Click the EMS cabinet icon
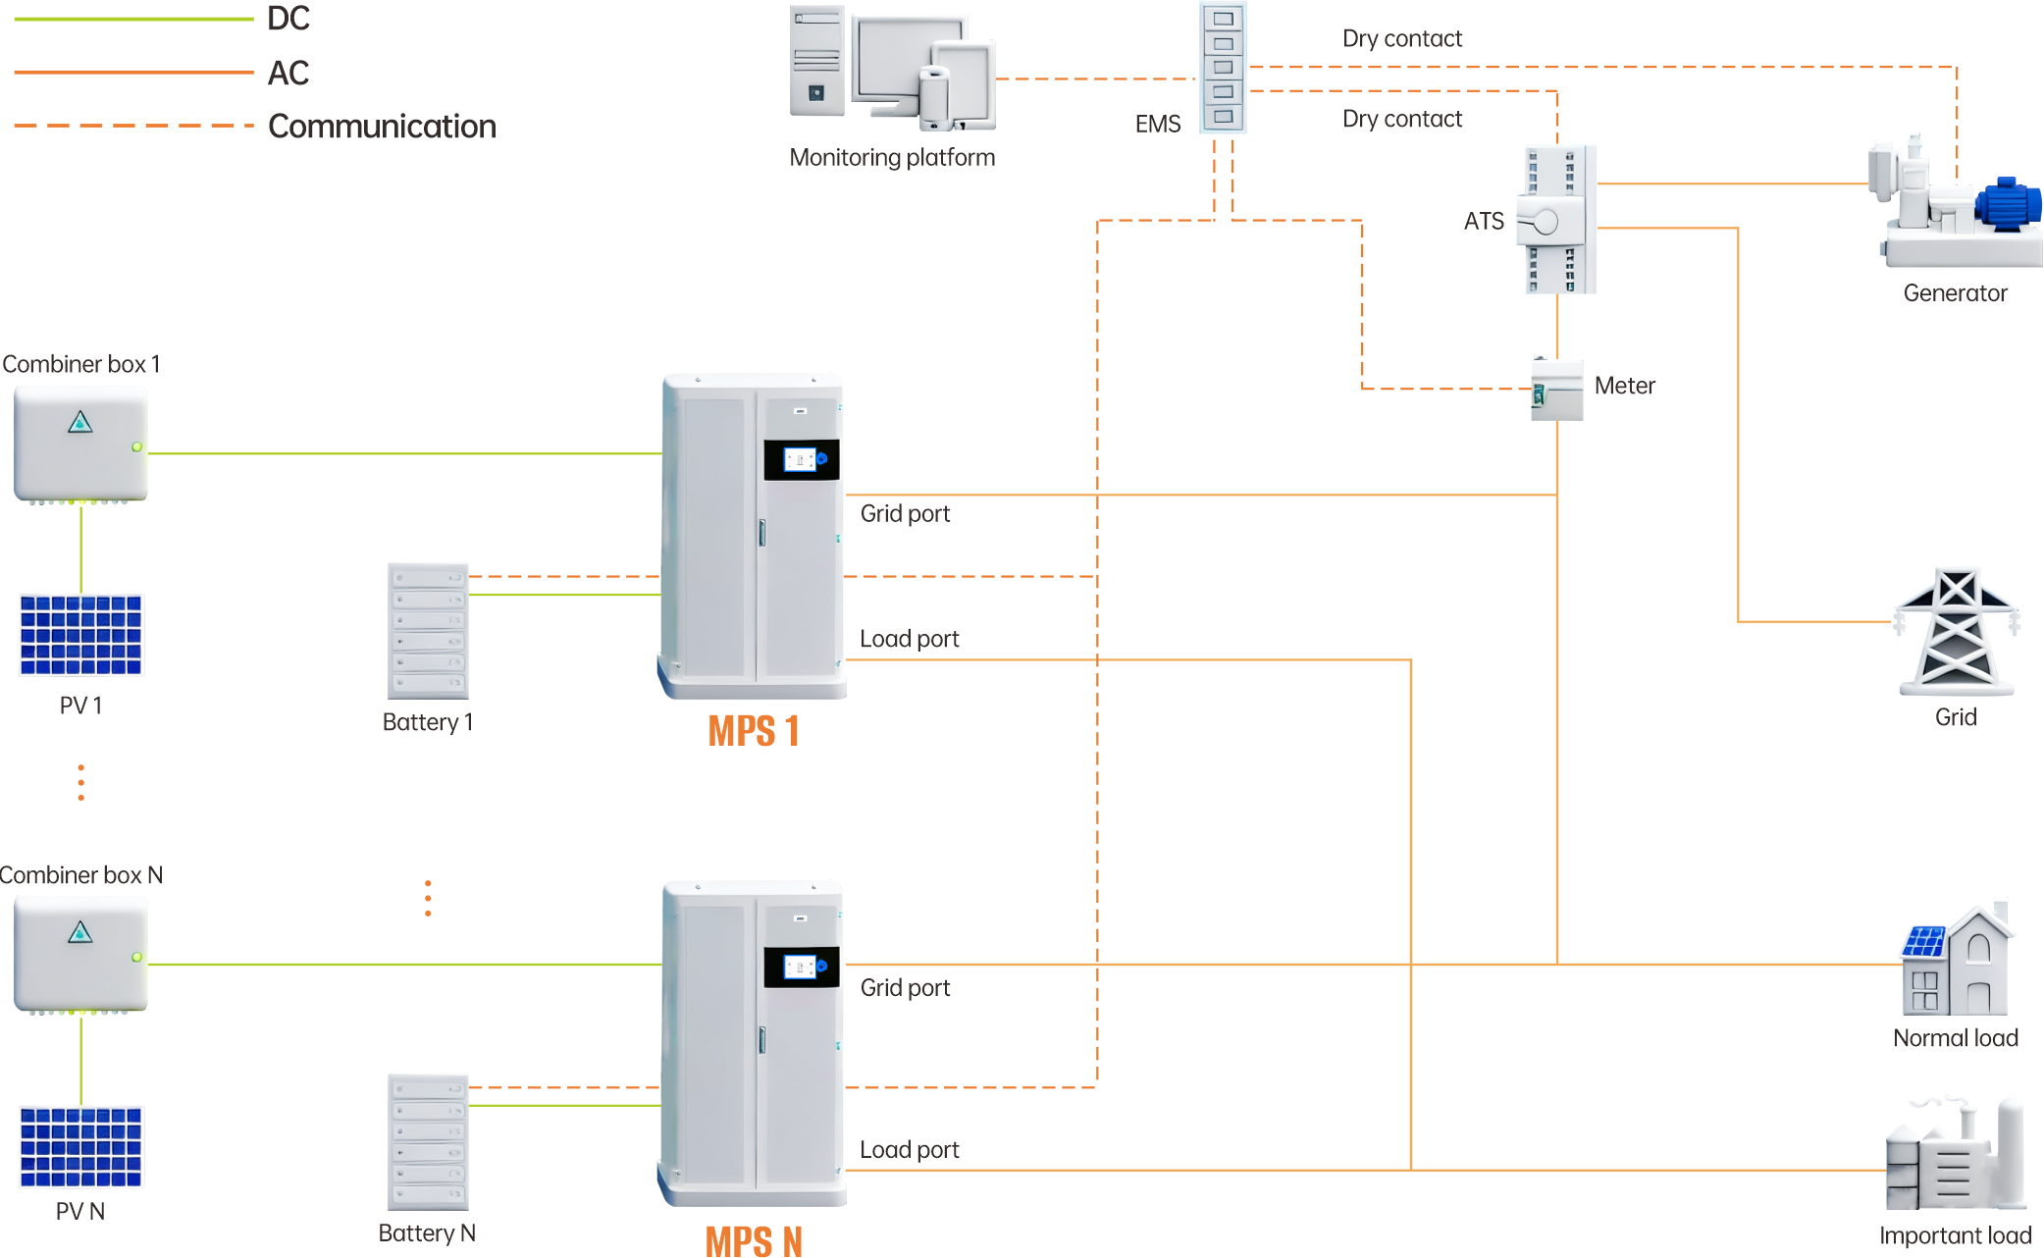[1223, 67]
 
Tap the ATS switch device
[1556, 220]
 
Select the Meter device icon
[1556, 390]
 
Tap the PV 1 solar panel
[80, 635]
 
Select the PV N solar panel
[80, 1146]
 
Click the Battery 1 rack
[428, 631]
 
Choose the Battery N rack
[428, 1142]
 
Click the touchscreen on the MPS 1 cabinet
[801, 459]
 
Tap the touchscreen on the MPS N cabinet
[801, 968]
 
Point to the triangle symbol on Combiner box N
[80, 932]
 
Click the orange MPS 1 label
[754, 731]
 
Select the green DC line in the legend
[133, 19]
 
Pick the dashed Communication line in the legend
[133, 126]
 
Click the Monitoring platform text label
[892, 158]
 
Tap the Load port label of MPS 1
[910, 639]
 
